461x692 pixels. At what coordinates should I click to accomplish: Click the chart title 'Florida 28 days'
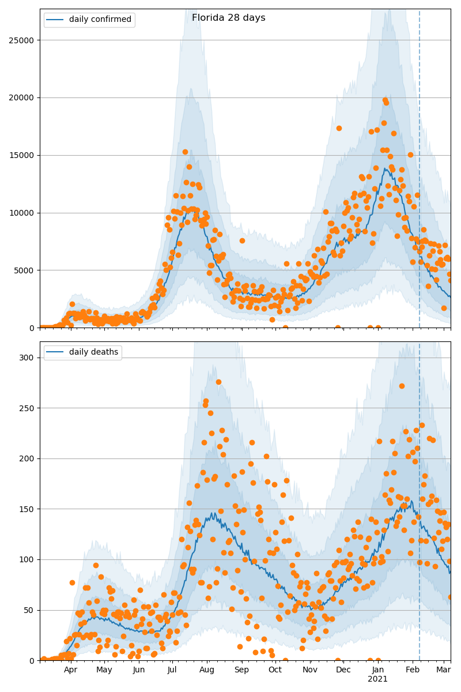228,18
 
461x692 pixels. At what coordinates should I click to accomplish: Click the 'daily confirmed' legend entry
100,20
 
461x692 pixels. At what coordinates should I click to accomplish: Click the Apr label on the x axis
70,670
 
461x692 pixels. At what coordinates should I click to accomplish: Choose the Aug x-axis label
207,670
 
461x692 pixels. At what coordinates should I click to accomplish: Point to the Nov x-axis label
310,670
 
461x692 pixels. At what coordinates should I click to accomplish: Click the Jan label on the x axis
378,670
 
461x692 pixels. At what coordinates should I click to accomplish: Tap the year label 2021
378,679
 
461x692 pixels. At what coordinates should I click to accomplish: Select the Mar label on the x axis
443,670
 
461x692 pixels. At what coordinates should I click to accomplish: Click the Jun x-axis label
139,670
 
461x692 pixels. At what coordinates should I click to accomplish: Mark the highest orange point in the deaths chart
218,382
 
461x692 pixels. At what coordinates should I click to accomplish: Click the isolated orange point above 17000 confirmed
339,128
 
